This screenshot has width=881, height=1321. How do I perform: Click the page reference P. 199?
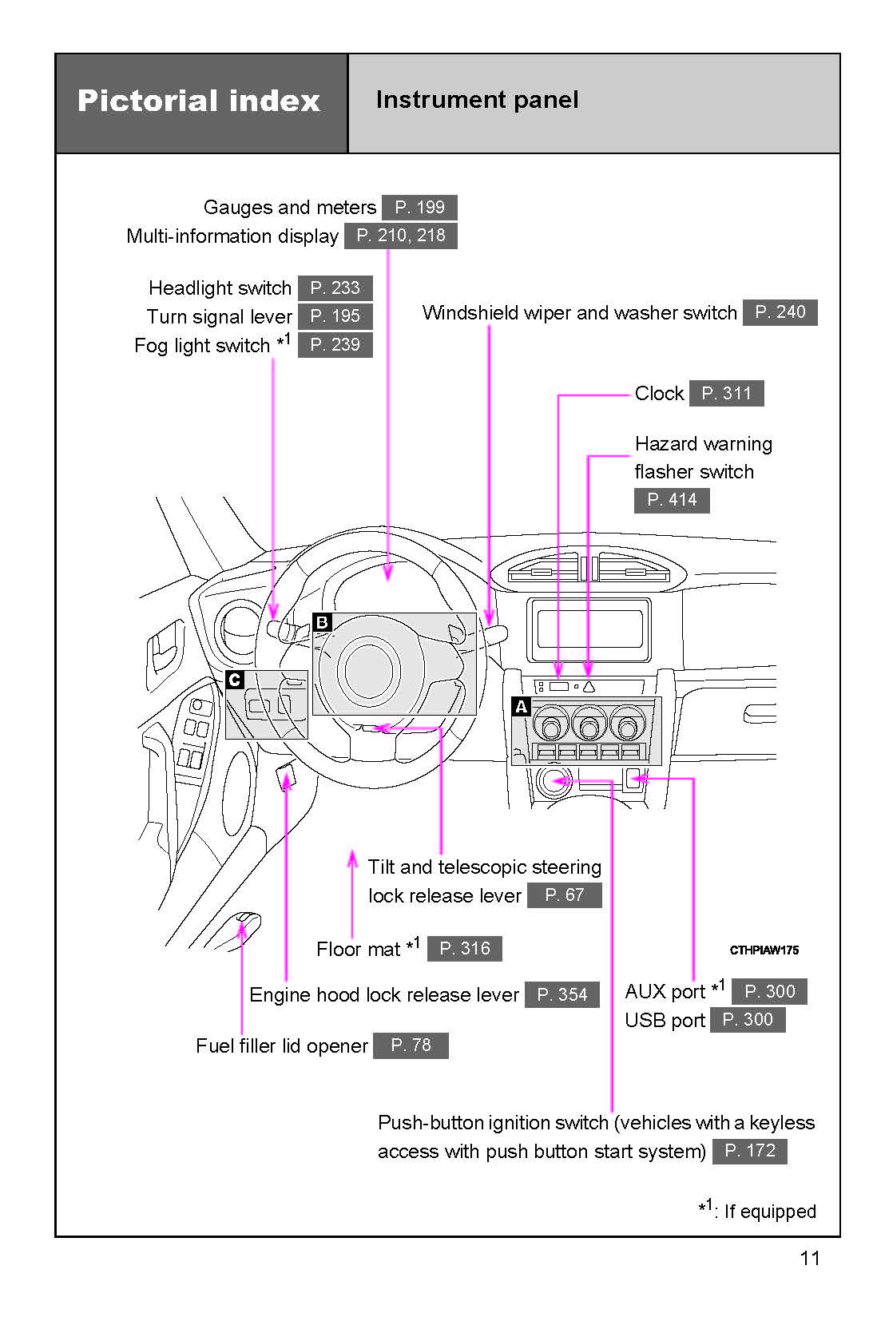419,208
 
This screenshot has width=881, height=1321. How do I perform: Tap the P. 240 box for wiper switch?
780,312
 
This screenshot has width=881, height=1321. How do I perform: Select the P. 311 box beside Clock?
726,393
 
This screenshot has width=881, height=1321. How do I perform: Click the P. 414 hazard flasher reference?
672,500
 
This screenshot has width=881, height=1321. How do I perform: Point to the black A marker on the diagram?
521,707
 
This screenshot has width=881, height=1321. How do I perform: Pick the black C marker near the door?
234,680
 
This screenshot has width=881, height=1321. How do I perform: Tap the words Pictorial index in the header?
199,101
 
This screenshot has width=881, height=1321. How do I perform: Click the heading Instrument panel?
477,100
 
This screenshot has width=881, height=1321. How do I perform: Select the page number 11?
809,1259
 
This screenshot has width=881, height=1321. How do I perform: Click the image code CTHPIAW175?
764,950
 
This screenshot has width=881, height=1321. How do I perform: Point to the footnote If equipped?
768,1212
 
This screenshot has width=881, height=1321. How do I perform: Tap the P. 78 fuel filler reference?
411,1045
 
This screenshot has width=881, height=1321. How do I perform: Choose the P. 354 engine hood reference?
562,994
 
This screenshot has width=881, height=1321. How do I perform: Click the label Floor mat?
358,949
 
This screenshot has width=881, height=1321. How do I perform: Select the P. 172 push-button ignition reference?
749,1151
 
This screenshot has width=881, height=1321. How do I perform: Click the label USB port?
665,1021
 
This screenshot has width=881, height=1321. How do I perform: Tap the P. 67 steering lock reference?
564,895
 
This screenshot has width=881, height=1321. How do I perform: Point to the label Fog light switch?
202,346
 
